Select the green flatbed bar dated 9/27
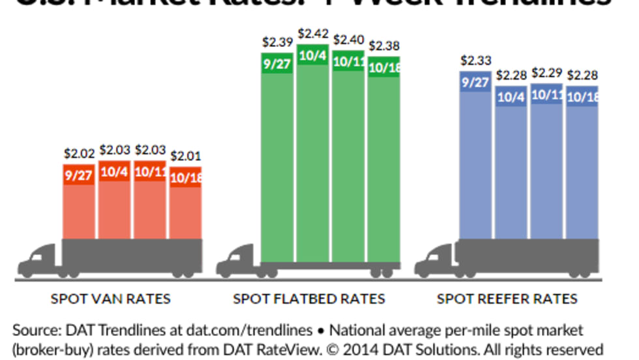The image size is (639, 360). (x=277, y=163)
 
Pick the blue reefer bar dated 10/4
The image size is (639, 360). (x=511, y=170)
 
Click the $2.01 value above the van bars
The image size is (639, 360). (x=185, y=157)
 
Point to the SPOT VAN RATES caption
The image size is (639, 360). (x=111, y=299)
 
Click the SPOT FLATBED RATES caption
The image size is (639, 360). (x=309, y=299)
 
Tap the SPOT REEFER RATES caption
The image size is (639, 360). (x=507, y=299)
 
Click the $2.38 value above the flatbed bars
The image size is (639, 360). (x=385, y=46)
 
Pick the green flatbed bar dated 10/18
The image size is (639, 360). (x=383, y=163)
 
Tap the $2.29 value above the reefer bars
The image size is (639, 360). (x=547, y=72)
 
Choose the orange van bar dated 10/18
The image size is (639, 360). (x=185, y=209)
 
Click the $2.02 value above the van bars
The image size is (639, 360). (x=80, y=155)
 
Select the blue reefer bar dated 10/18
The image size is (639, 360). (x=582, y=170)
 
